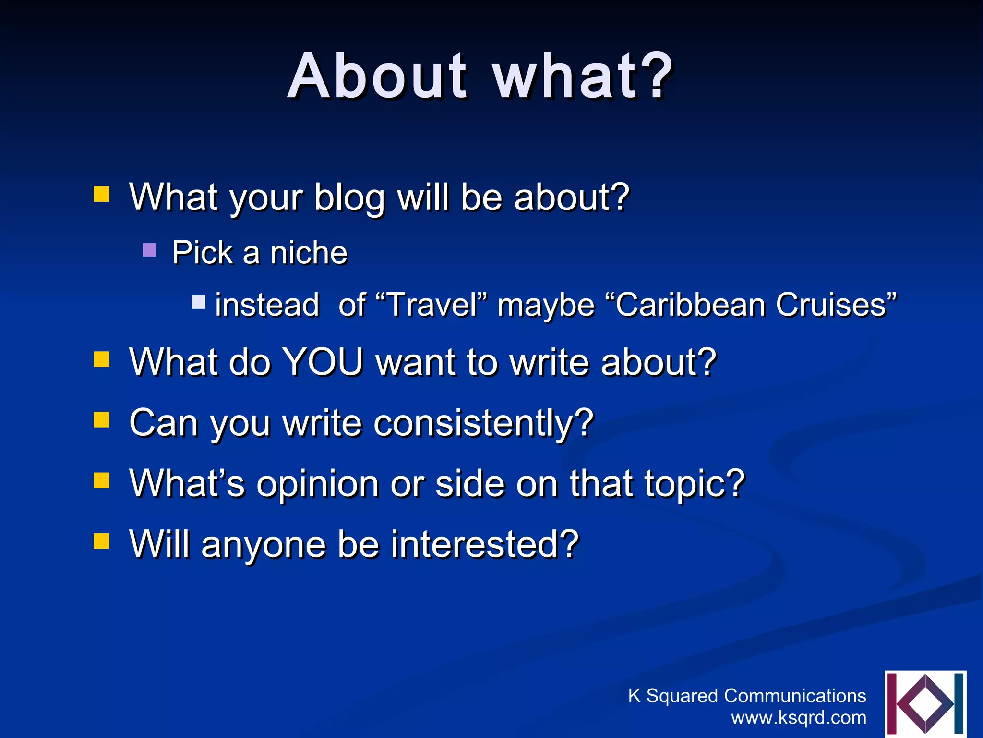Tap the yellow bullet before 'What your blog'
point(101,195)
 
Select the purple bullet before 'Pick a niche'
point(150,250)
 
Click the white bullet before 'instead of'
point(198,302)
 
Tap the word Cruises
point(835,305)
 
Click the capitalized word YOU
point(323,362)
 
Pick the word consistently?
point(484,423)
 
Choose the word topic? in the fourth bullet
point(694,484)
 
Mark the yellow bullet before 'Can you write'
point(101,419)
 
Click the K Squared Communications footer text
point(747,696)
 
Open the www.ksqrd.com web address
point(799,717)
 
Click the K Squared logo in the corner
point(925,704)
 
